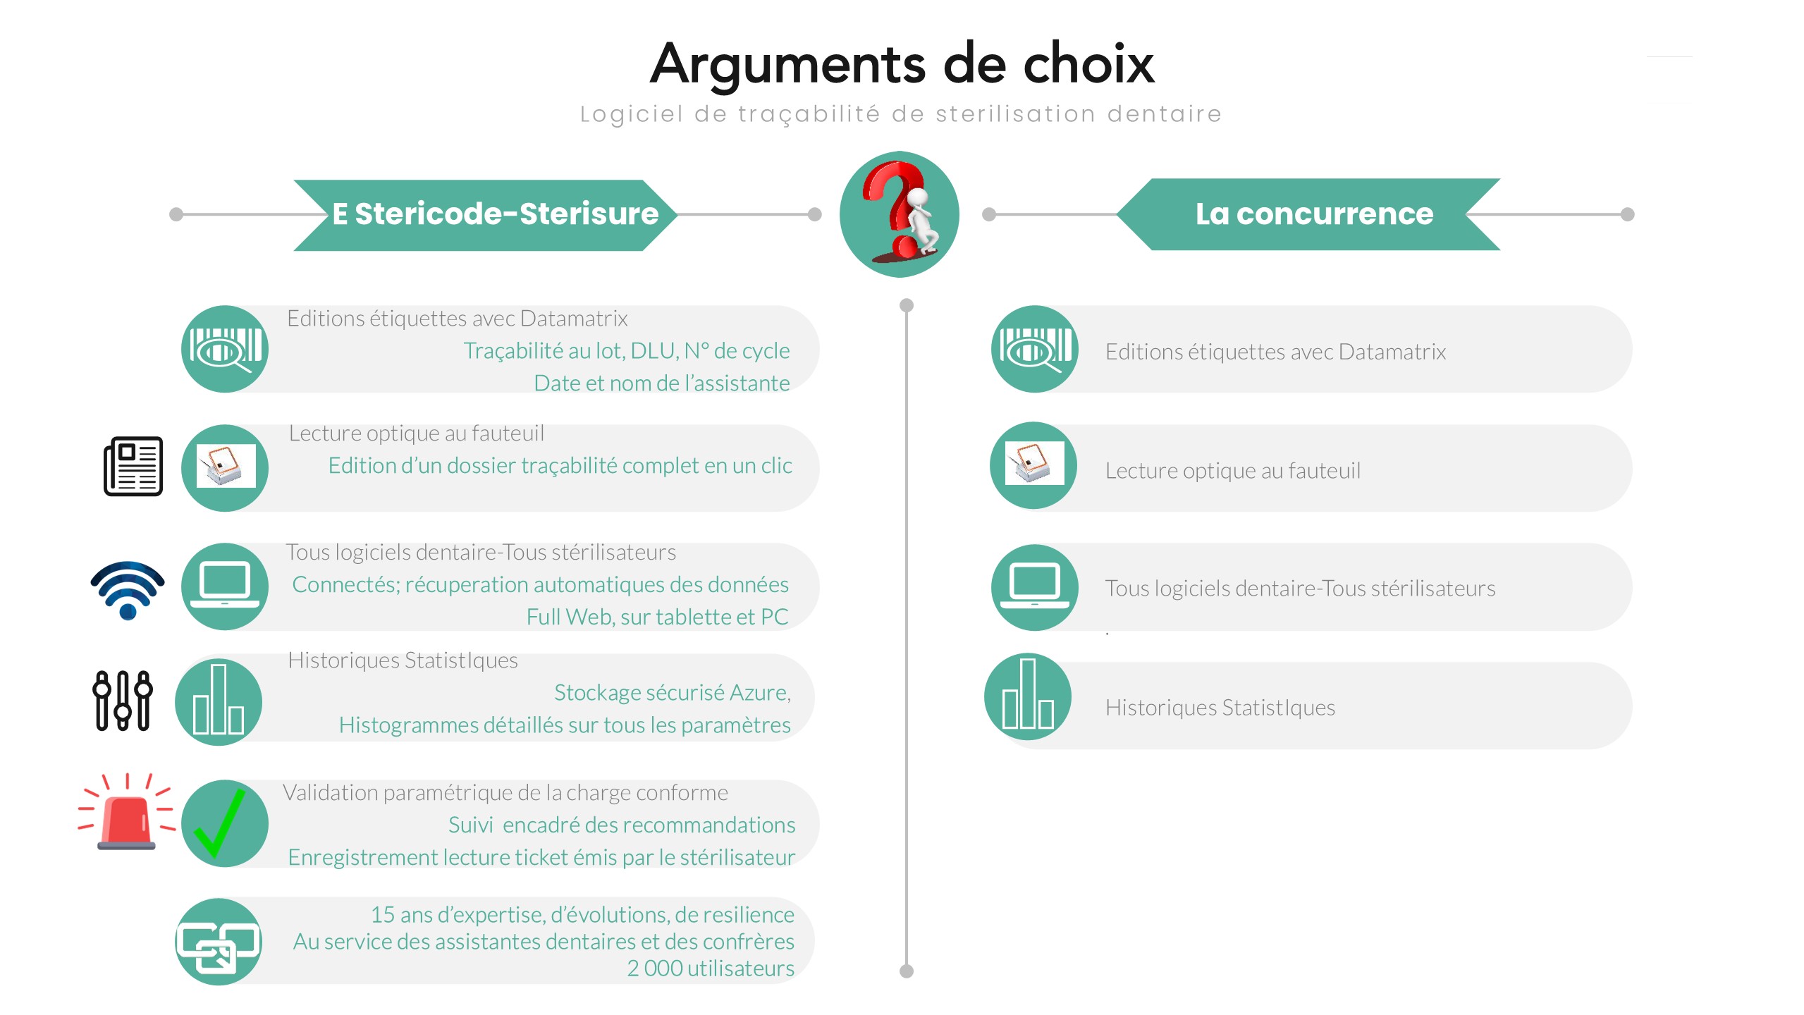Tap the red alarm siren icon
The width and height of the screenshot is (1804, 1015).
(127, 811)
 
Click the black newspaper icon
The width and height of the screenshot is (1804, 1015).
(133, 466)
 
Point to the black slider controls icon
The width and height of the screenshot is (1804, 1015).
(123, 700)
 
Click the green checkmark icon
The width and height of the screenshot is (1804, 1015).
(220, 823)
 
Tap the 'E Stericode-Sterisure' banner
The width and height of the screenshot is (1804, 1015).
(485, 214)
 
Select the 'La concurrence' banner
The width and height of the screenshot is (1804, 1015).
(1308, 214)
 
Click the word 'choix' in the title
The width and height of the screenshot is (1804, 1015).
(1088, 64)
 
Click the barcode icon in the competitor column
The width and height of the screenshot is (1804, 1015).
(1035, 349)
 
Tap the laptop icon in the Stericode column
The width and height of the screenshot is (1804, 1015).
(225, 586)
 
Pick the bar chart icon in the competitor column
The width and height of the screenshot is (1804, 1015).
(1028, 696)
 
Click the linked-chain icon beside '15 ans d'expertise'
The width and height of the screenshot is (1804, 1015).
(219, 942)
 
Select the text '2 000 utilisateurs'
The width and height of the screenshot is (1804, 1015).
(711, 968)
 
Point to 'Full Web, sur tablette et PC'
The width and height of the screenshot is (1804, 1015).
(658, 617)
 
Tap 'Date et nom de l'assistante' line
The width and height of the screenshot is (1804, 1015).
(662, 383)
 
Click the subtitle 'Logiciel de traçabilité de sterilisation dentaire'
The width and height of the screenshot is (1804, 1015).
(901, 114)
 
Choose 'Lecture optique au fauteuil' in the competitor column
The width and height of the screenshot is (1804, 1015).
(1233, 470)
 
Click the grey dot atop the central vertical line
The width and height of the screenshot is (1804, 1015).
(907, 305)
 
